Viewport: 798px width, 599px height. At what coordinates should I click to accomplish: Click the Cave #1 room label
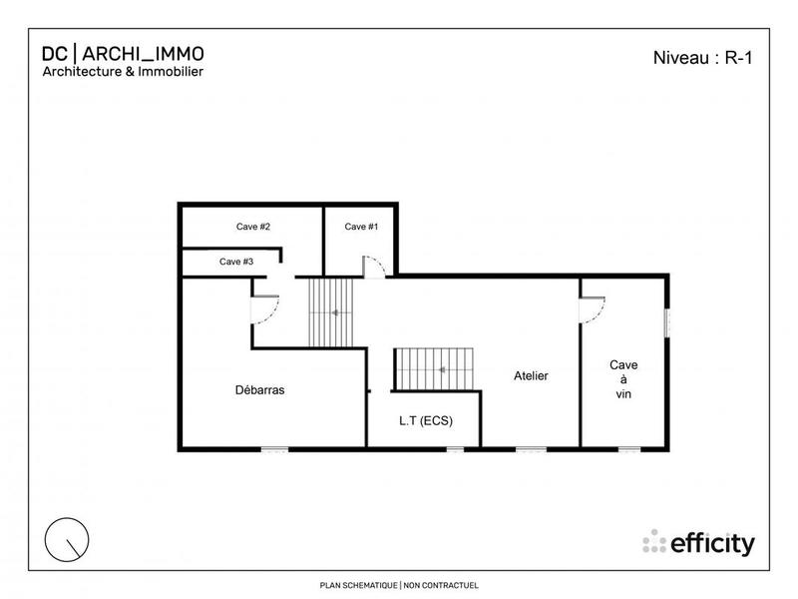point(361,227)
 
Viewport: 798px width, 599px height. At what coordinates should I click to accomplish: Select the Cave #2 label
point(253,227)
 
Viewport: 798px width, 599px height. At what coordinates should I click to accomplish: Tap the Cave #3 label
point(236,262)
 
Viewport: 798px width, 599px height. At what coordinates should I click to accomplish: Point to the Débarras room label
point(259,390)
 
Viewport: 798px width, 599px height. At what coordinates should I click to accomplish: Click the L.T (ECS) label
point(425,421)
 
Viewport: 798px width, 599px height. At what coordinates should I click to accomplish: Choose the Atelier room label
point(531,376)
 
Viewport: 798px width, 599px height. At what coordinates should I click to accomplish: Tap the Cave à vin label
point(624,379)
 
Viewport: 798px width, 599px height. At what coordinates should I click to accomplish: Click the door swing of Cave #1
point(373,267)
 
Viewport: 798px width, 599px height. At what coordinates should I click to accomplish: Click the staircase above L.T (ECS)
point(435,369)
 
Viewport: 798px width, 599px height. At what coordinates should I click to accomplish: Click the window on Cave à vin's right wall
point(666,323)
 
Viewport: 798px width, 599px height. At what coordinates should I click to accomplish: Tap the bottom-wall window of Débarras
point(274,449)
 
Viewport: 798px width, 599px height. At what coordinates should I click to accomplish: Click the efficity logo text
point(710,543)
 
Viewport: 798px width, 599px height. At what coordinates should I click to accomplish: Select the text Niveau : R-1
point(700,58)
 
